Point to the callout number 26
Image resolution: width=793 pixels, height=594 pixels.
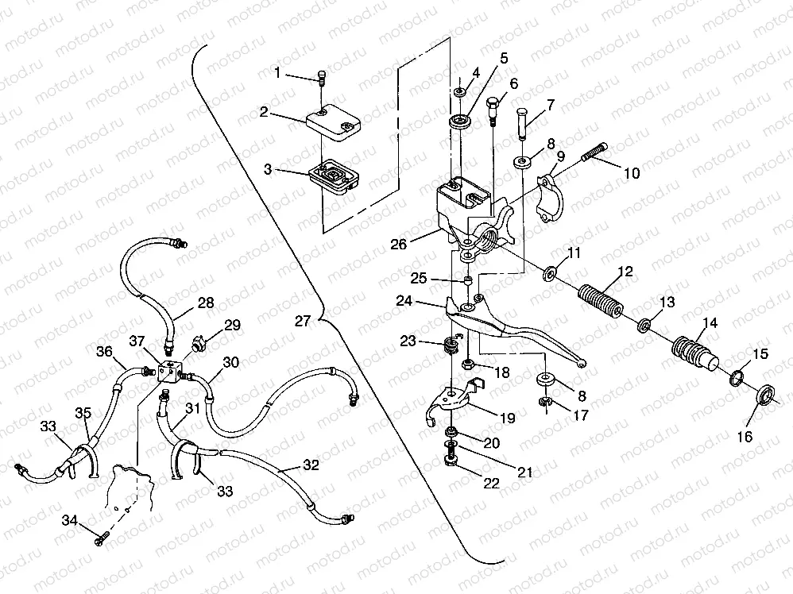tap(399, 244)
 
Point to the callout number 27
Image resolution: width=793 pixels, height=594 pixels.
tap(301, 322)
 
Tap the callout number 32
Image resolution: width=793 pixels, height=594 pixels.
tap(311, 465)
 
